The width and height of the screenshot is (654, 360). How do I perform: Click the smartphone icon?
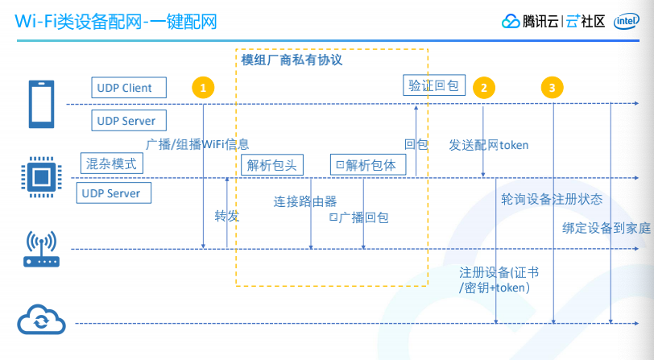(40, 104)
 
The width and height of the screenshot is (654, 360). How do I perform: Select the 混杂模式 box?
(112, 164)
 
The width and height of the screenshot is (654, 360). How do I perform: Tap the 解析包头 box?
(272, 165)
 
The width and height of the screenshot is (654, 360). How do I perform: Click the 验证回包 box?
(434, 84)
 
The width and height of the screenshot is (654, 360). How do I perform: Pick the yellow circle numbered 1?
(204, 87)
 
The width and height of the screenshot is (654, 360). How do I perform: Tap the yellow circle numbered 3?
(552, 88)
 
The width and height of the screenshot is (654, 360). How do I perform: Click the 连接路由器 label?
(305, 201)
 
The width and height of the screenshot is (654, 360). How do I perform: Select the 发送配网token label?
(488, 145)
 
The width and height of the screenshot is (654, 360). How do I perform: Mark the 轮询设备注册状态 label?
(552, 198)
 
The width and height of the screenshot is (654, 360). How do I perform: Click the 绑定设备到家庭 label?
(606, 228)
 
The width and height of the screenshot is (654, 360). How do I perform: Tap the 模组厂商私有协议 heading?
(292, 60)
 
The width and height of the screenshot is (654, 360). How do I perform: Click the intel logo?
(627, 22)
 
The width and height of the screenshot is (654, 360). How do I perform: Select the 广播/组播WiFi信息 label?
(197, 144)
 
